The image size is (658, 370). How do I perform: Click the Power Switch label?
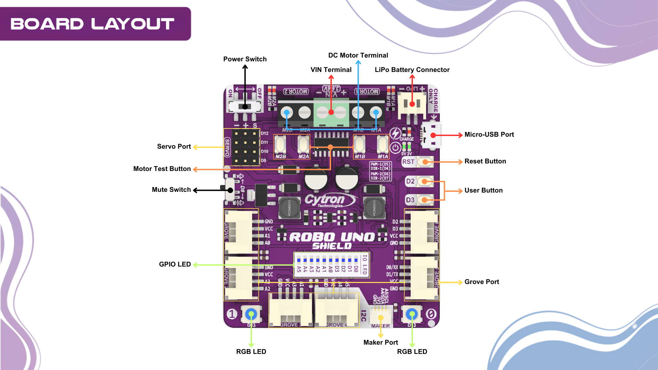[x=245, y=59]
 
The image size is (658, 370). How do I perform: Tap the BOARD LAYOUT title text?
[x=93, y=24]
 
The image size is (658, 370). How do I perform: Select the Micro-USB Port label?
[x=489, y=135]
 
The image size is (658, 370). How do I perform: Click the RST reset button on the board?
[x=425, y=162]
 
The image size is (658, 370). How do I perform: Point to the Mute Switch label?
[x=171, y=190]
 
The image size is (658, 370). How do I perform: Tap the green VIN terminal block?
[x=331, y=112]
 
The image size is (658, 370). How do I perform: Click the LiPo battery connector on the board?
[x=412, y=104]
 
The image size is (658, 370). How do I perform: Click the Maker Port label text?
[x=380, y=342]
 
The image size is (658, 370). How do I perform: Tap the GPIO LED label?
[x=175, y=264]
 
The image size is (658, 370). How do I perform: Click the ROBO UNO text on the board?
[x=332, y=237]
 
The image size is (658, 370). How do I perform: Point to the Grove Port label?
[x=482, y=282]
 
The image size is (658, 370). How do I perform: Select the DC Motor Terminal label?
[x=358, y=56]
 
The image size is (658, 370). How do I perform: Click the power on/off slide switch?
[x=245, y=107]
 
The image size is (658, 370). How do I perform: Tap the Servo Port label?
[x=174, y=147]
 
